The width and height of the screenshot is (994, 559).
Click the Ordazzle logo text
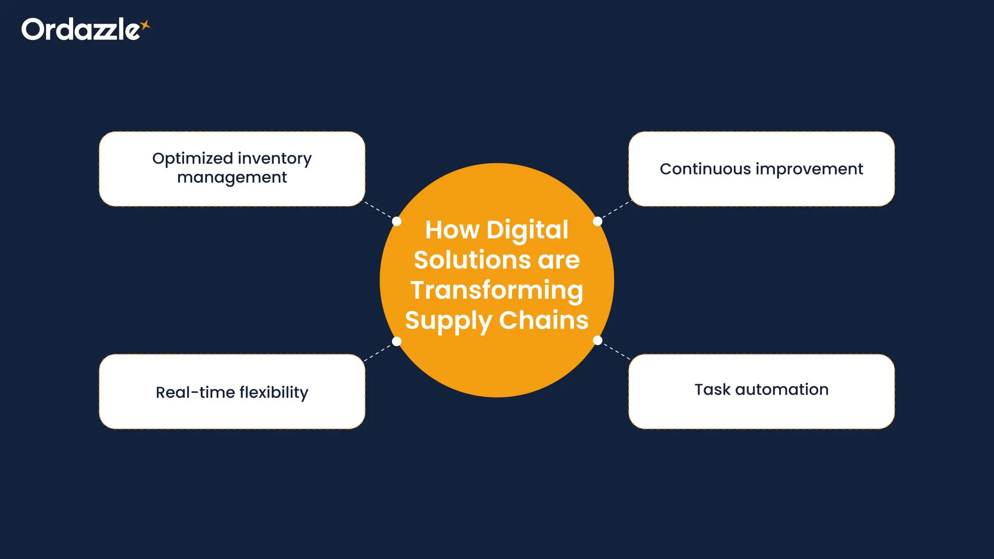click(81, 29)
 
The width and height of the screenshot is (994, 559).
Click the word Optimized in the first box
click(193, 159)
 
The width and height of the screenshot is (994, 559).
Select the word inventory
click(275, 159)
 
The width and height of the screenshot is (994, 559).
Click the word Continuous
click(706, 169)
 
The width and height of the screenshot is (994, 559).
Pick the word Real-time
click(195, 392)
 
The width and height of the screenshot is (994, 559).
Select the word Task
click(712, 390)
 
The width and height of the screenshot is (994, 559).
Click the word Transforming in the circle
click(497, 291)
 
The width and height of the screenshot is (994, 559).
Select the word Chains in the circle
click(544, 320)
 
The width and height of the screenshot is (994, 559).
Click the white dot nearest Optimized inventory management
click(396, 221)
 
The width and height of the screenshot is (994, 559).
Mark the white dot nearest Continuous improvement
click(598, 221)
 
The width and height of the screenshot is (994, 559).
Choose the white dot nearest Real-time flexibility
click(396, 341)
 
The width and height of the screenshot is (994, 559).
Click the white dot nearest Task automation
click(598, 340)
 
